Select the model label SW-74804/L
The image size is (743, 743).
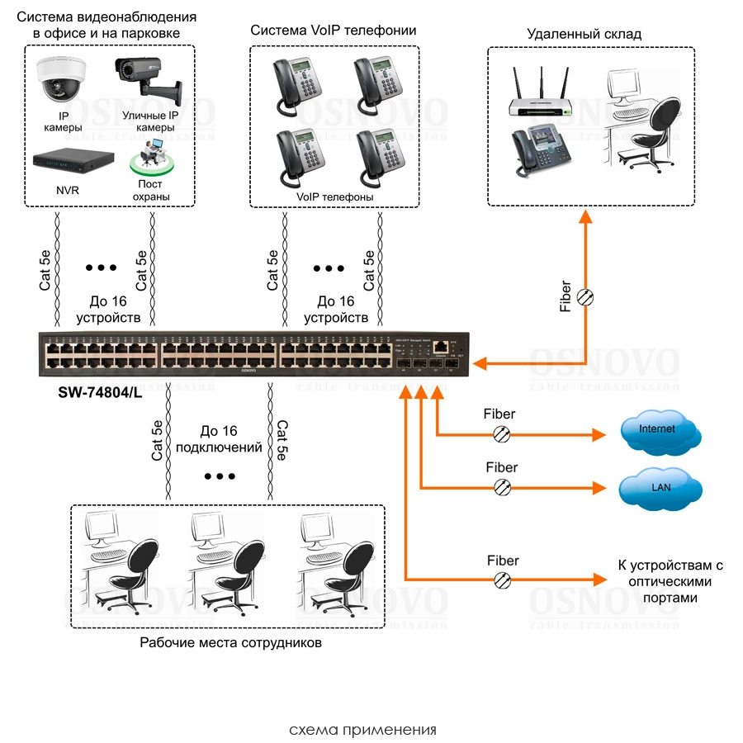96,395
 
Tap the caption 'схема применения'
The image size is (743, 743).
362,730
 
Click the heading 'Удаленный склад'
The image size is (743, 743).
584,34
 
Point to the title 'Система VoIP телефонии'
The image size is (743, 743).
334,31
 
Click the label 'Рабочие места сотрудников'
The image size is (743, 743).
230,642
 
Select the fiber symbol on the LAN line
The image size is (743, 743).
501,488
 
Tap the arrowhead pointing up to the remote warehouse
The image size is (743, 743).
586,217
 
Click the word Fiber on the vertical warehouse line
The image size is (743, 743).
566,296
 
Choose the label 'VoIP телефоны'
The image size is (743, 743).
335,197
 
